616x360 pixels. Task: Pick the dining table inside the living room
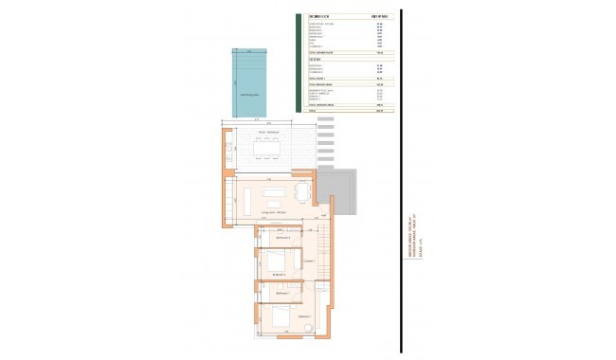302,192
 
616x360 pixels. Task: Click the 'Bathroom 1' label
281,294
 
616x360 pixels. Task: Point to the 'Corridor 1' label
307,260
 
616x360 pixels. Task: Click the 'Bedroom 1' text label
305,315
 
